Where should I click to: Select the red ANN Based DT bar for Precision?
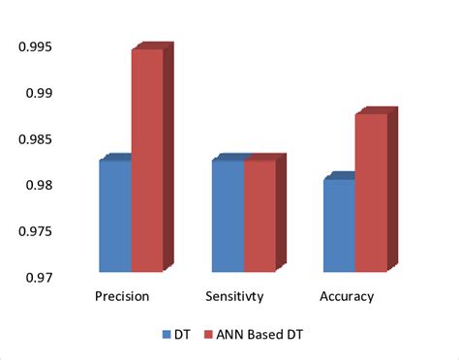click(x=146, y=161)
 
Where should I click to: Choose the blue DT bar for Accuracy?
click(x=339, y=225)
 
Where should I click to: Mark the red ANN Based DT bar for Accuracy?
click(x=371, y=193)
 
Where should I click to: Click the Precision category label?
click(x=121, y=296)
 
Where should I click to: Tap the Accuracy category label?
click(x=346, y=296)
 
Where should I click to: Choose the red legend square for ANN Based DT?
click(x=209, y=335)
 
